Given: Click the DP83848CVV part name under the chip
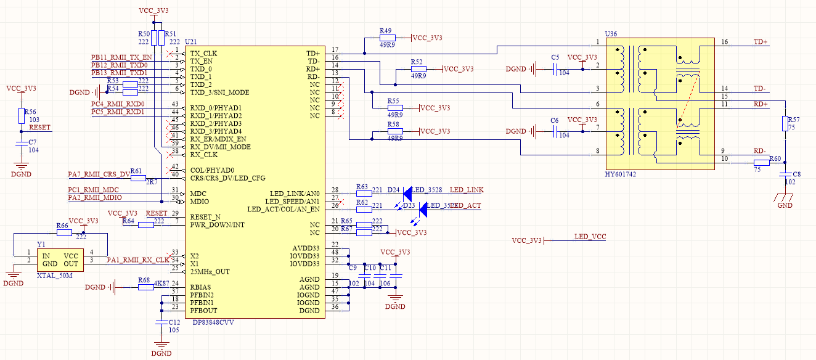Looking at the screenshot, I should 213,322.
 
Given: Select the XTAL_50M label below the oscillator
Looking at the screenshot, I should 54,275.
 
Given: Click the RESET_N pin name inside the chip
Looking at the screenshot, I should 205,217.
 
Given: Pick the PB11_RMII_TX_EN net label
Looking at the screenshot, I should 121,57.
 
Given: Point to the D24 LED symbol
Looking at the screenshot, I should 407,192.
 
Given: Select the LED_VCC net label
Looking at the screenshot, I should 590,237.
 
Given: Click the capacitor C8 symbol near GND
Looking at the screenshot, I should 785,176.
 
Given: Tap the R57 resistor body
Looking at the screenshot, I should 785,123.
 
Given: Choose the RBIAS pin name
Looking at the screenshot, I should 201,287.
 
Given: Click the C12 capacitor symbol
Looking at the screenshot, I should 161,322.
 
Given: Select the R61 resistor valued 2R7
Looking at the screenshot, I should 137,178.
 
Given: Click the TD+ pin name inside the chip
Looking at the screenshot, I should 313,53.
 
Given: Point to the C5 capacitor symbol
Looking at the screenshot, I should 545,69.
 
